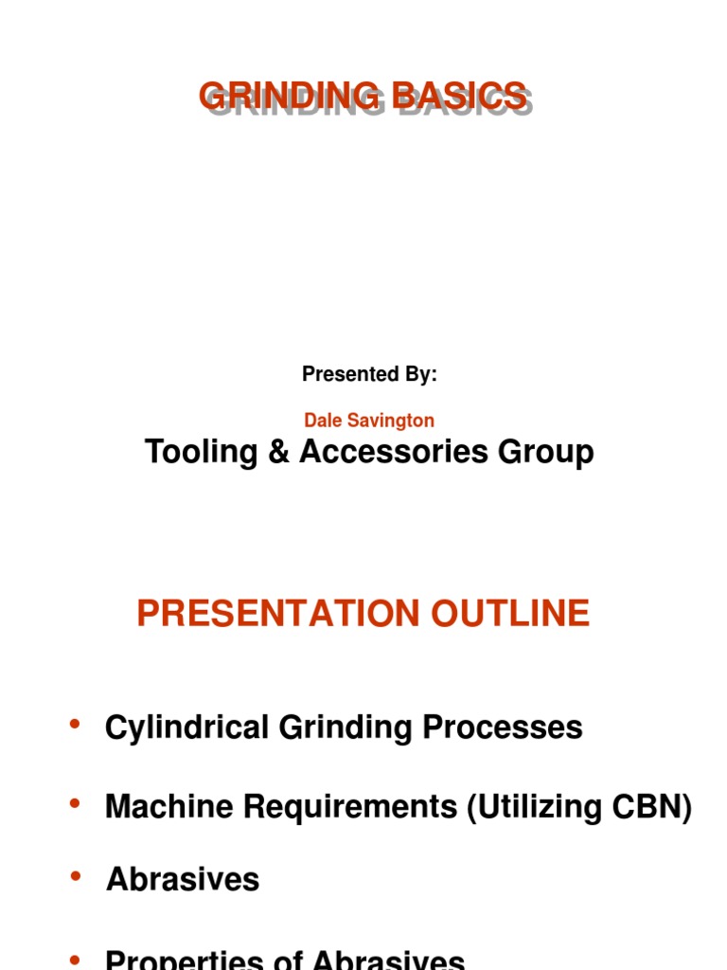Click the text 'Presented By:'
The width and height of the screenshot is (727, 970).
[x=369, y=374]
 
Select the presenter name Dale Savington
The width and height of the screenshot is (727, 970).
[x=369, y=420]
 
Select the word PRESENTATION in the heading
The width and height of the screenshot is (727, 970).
[x=279, y=614]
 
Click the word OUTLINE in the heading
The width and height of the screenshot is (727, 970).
[x=511, y=614]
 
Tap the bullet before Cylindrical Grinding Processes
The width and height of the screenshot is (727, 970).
[x=75, y=725]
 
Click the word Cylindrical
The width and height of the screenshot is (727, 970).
[x=186, y=727]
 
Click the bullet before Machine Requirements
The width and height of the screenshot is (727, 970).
[x=75, y=804]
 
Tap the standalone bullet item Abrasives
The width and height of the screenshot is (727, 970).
[x=183, y=879]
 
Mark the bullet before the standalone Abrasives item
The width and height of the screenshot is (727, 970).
[x=75, y=876]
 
